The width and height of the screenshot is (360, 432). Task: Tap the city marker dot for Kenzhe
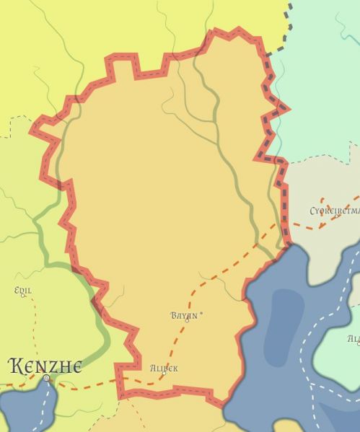click(46, 378)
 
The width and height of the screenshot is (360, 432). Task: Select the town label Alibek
click(164, 368)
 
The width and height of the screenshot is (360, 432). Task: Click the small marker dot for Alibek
click(164, 374)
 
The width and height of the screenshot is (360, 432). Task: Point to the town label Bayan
click(184, 315)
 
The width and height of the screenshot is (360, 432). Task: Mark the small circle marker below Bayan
click(187, 321)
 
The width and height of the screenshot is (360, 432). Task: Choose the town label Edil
click(22, 290)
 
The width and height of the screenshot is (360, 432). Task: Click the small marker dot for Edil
click(23, 296)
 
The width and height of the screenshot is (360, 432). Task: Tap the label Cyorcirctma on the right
click(333, 211)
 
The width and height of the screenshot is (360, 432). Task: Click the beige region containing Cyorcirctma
click(317, 180)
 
